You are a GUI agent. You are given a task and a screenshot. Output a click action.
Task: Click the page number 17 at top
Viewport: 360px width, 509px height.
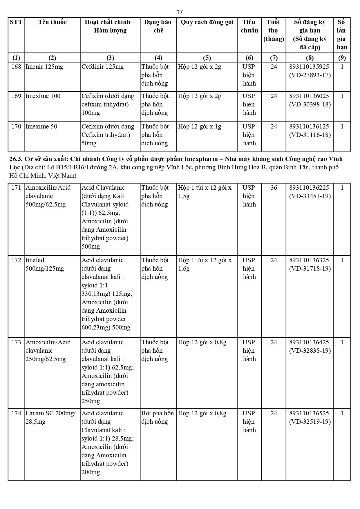pos(180,12)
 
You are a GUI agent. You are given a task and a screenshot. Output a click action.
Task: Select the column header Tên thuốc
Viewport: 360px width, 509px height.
pos(52,22)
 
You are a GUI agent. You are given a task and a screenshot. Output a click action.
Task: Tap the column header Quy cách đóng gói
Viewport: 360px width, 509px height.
pos(207,22)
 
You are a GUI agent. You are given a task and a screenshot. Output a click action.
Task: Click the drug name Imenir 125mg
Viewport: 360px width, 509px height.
pos(44,67)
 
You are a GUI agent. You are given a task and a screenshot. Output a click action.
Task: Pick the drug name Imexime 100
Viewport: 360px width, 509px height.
pos(43,96)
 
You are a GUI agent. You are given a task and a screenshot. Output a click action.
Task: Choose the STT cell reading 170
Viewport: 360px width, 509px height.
pos(16,126)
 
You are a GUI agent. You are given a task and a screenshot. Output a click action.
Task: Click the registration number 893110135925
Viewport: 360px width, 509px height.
pos(309,67)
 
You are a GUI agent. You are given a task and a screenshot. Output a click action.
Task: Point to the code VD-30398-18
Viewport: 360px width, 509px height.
pos(310,104)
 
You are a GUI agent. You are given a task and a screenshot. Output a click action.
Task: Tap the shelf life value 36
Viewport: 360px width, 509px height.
pos(274,188)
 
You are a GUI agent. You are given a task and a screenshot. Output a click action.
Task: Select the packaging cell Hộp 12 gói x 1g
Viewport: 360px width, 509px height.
pos(200,126)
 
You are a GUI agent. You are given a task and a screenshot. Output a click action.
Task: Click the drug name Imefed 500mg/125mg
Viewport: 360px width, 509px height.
pos(45,264)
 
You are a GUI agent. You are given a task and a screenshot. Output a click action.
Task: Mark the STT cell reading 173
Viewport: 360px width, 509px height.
pos(16,342)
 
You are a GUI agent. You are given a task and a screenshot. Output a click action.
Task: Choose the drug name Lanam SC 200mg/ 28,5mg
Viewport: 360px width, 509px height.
pos(50,417)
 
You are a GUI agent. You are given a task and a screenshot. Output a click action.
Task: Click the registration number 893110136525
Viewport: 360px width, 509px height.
pos(309,413)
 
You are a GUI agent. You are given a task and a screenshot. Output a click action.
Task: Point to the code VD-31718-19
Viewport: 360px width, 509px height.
pos(310,269)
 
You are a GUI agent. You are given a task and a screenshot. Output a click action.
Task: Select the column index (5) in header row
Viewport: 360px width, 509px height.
pos(207,58)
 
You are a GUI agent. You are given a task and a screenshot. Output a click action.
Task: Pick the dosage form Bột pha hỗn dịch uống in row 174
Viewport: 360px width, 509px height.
pos(158,417)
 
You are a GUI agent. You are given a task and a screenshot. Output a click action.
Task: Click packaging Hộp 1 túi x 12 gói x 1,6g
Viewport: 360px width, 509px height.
pos(205,264)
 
